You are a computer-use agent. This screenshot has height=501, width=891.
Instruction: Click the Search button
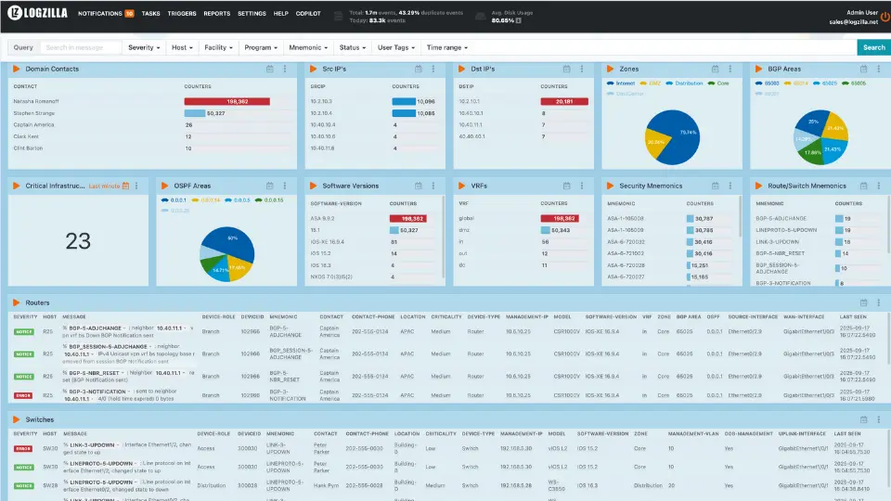coord(873,47)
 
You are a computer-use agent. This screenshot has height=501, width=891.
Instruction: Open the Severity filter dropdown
coord(144,47)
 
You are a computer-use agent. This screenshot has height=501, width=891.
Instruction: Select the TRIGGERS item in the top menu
coord(182,14)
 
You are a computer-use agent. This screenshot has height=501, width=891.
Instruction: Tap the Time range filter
coord(446,47)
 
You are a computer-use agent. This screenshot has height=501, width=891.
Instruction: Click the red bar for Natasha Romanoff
coord(226,101)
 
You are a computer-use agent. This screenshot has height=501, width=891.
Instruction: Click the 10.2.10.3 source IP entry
coord(321,101)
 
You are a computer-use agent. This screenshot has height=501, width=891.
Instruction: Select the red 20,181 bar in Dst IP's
coord(564,101)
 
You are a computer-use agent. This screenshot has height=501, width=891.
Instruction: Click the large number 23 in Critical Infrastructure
coord(78,241)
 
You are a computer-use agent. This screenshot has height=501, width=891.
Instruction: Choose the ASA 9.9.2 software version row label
coord(324,219)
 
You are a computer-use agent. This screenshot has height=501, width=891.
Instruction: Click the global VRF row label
coord(466,219)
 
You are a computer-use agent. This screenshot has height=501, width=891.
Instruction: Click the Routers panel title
coord(38,302)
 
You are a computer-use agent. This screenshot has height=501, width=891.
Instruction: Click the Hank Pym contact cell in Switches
coord(325,484)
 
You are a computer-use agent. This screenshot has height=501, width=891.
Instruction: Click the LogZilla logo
coord(36,14)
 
